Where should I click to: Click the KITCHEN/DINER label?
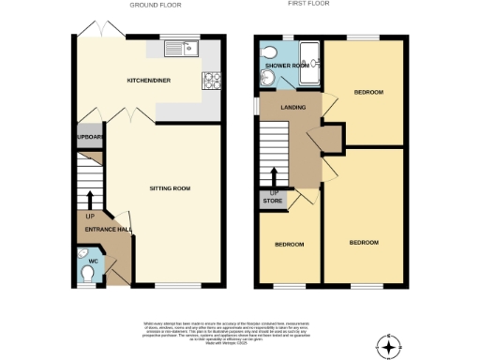pyautogui.click(x=147, y=82)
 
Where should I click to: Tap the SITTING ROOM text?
pyautogui.click(x=170, y=188)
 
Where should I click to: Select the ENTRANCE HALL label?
pyautogui.click(x=107, y=229)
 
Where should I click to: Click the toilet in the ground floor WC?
pyautogui.click(x=88, y=273)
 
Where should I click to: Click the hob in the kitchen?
pyautogui.click(x=210, y=81)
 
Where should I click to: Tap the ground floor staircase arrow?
pyautogui.click(x=90, y=199)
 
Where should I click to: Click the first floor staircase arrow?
pyautogui.click(x=273, y=176)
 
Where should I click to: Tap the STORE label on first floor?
pyautogui.click(x=273, y=200)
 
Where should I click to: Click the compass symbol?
pyautogui.click(x=388, y=347)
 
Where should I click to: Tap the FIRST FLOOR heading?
pyautogui.click(x=303, y=5)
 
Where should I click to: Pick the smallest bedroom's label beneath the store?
pyautogui.click(x=289, y=245)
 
